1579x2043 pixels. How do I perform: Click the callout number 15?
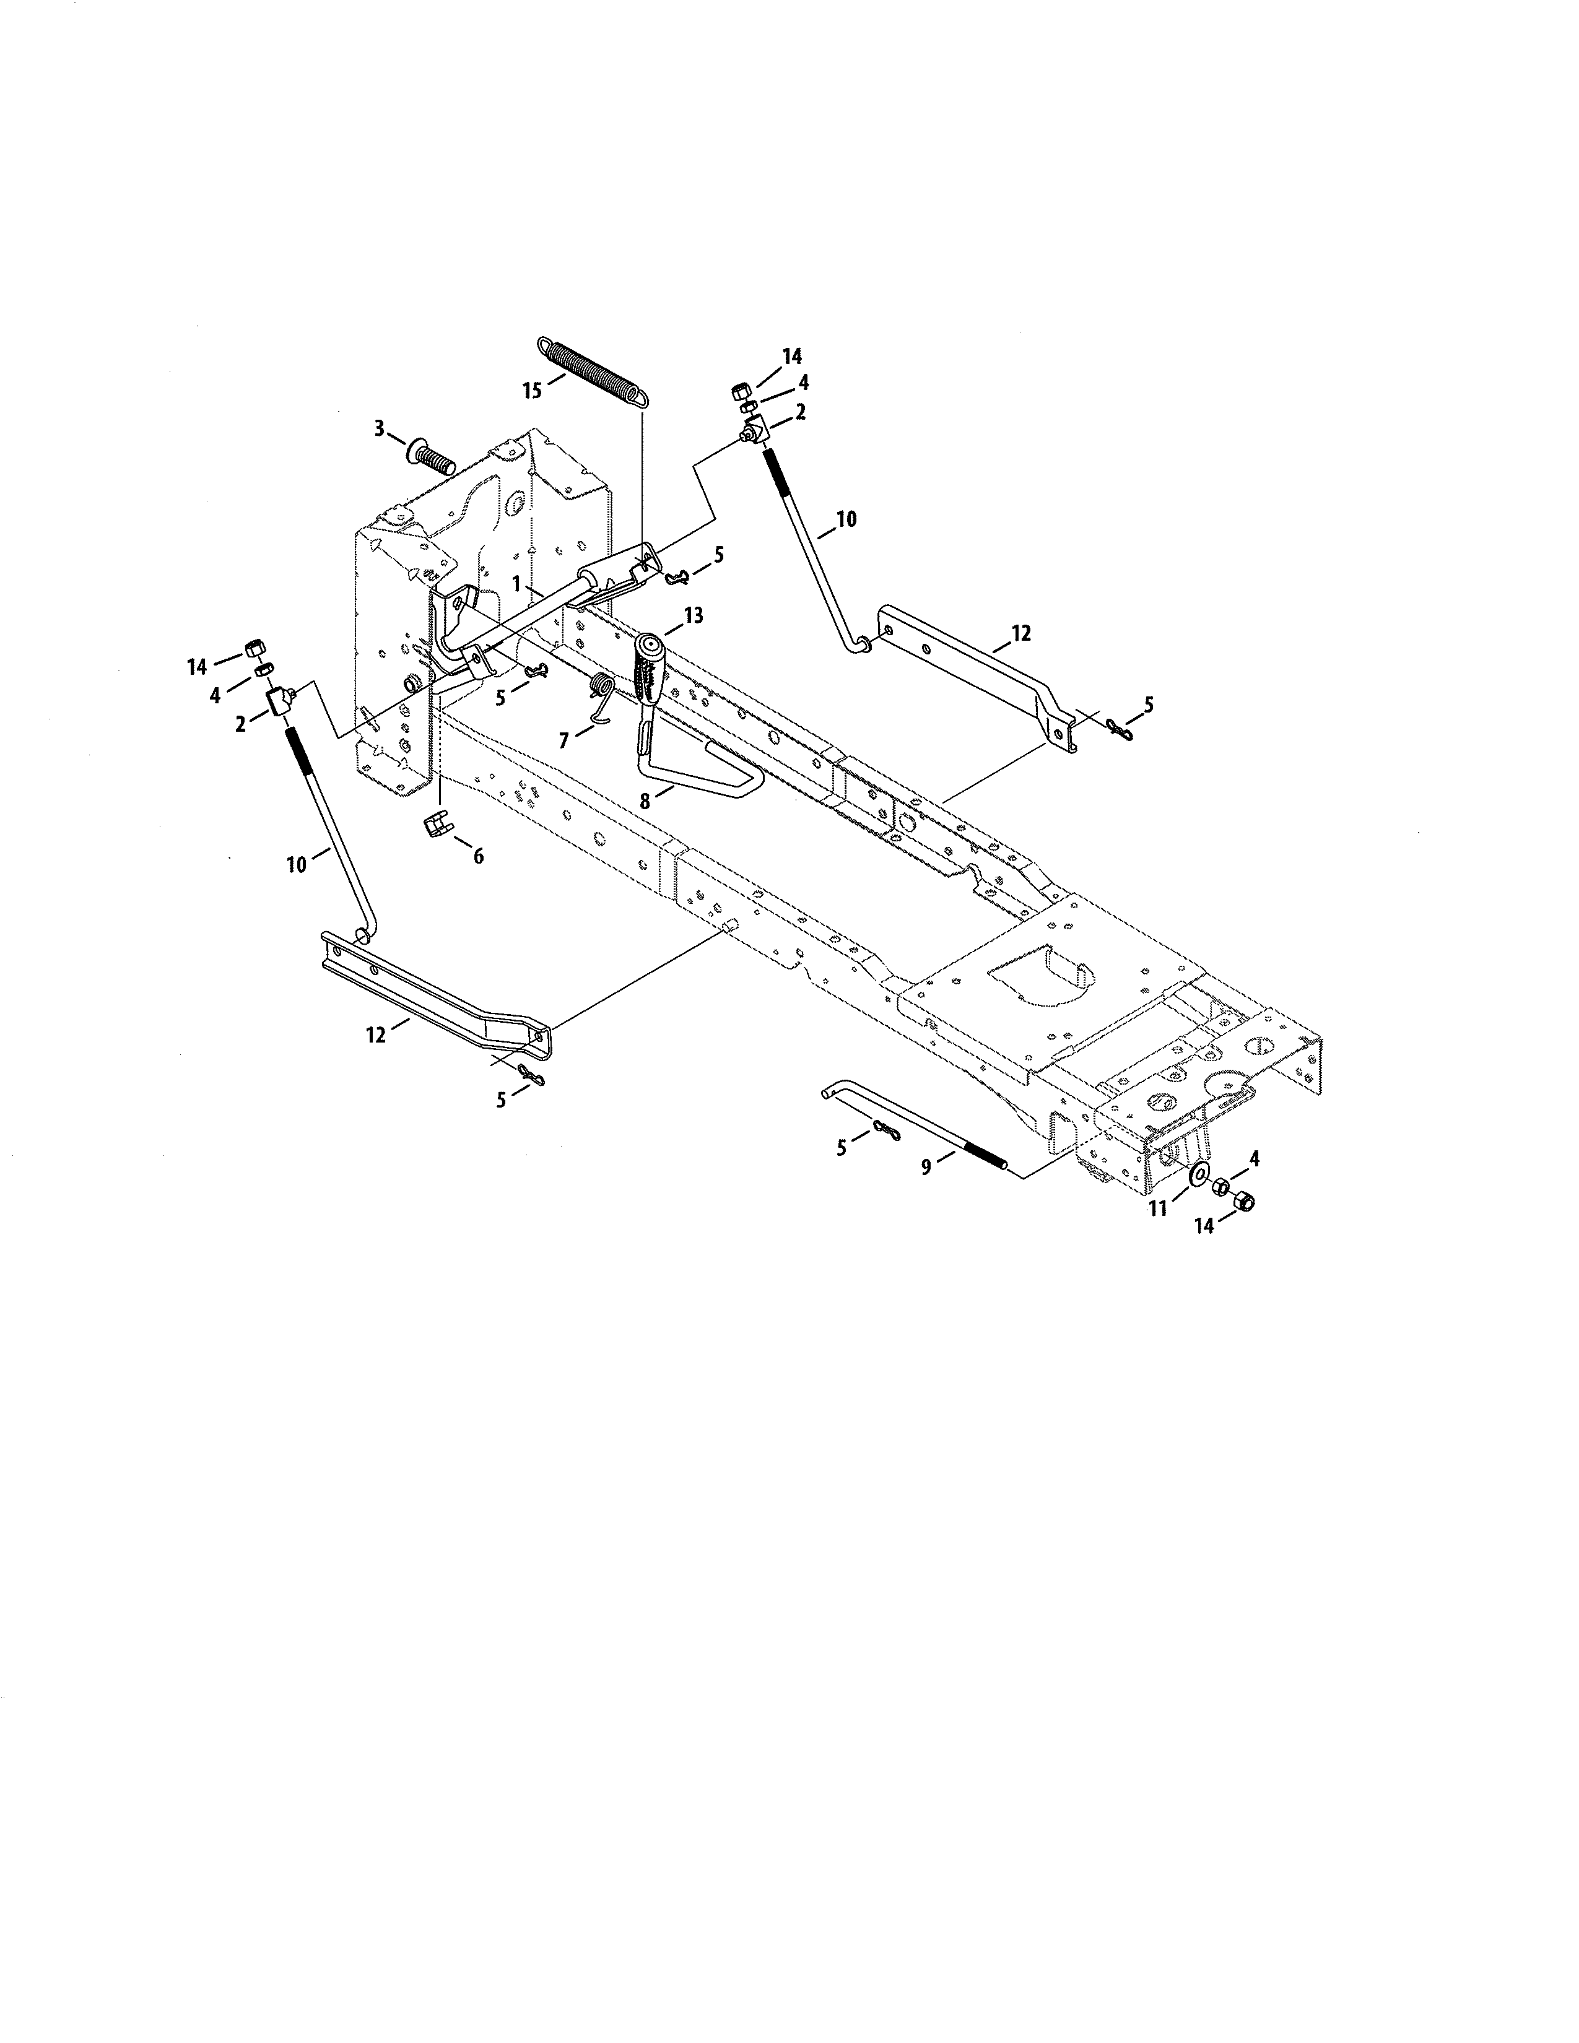click(x=531, y=389)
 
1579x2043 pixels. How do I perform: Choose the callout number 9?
click(x=926, y=1168)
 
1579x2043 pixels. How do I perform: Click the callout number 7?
click(x=563, y=741)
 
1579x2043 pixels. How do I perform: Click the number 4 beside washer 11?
click(x=1255, y=1158)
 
